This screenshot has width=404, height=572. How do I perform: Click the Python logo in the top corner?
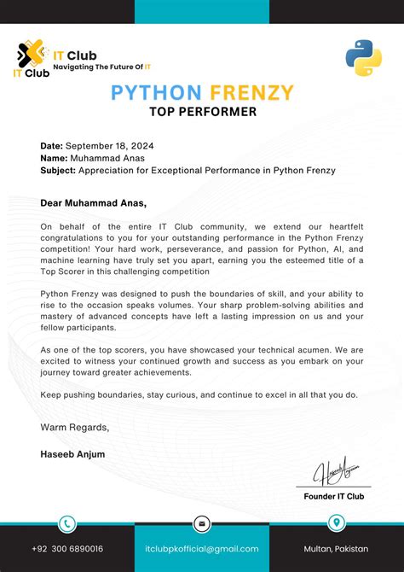363,57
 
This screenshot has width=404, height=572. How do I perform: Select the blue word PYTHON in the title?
156,92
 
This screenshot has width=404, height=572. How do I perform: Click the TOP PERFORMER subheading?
202,111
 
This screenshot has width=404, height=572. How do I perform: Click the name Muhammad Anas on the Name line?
108,158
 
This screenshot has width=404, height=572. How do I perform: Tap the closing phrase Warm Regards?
74,427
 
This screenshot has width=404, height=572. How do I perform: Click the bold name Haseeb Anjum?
72,454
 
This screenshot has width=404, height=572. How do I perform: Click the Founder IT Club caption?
334,496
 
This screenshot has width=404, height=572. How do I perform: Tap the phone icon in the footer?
66,523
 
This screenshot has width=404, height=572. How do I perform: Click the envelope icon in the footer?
202,523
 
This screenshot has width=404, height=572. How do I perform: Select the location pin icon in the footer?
337,523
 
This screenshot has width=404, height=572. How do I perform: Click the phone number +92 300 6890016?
67,549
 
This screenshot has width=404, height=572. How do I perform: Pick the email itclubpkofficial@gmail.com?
202,549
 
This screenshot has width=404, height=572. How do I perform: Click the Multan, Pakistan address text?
338,549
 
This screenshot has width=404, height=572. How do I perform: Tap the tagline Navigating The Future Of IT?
102,66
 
